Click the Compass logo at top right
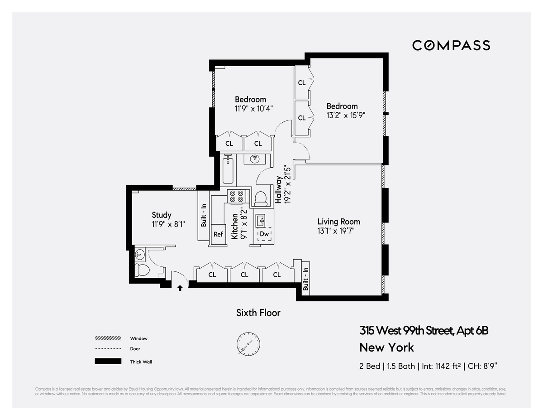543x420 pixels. (451, 45)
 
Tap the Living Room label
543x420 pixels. (338, 222)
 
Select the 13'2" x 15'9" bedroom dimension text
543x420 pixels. (346, 115)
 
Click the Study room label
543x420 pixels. (162, 215)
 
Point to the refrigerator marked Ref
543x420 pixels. (218, 234)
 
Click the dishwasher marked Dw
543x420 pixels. (264, 234)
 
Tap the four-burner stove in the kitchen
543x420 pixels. (236, 196)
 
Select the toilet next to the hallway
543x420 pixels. (261, 198)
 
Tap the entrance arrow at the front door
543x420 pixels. (180, 287)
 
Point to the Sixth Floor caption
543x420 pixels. (258, 313)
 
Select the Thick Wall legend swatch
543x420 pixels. (108, 362)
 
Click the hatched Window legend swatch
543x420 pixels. (108, 338)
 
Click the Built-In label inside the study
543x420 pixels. (204, 215)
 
